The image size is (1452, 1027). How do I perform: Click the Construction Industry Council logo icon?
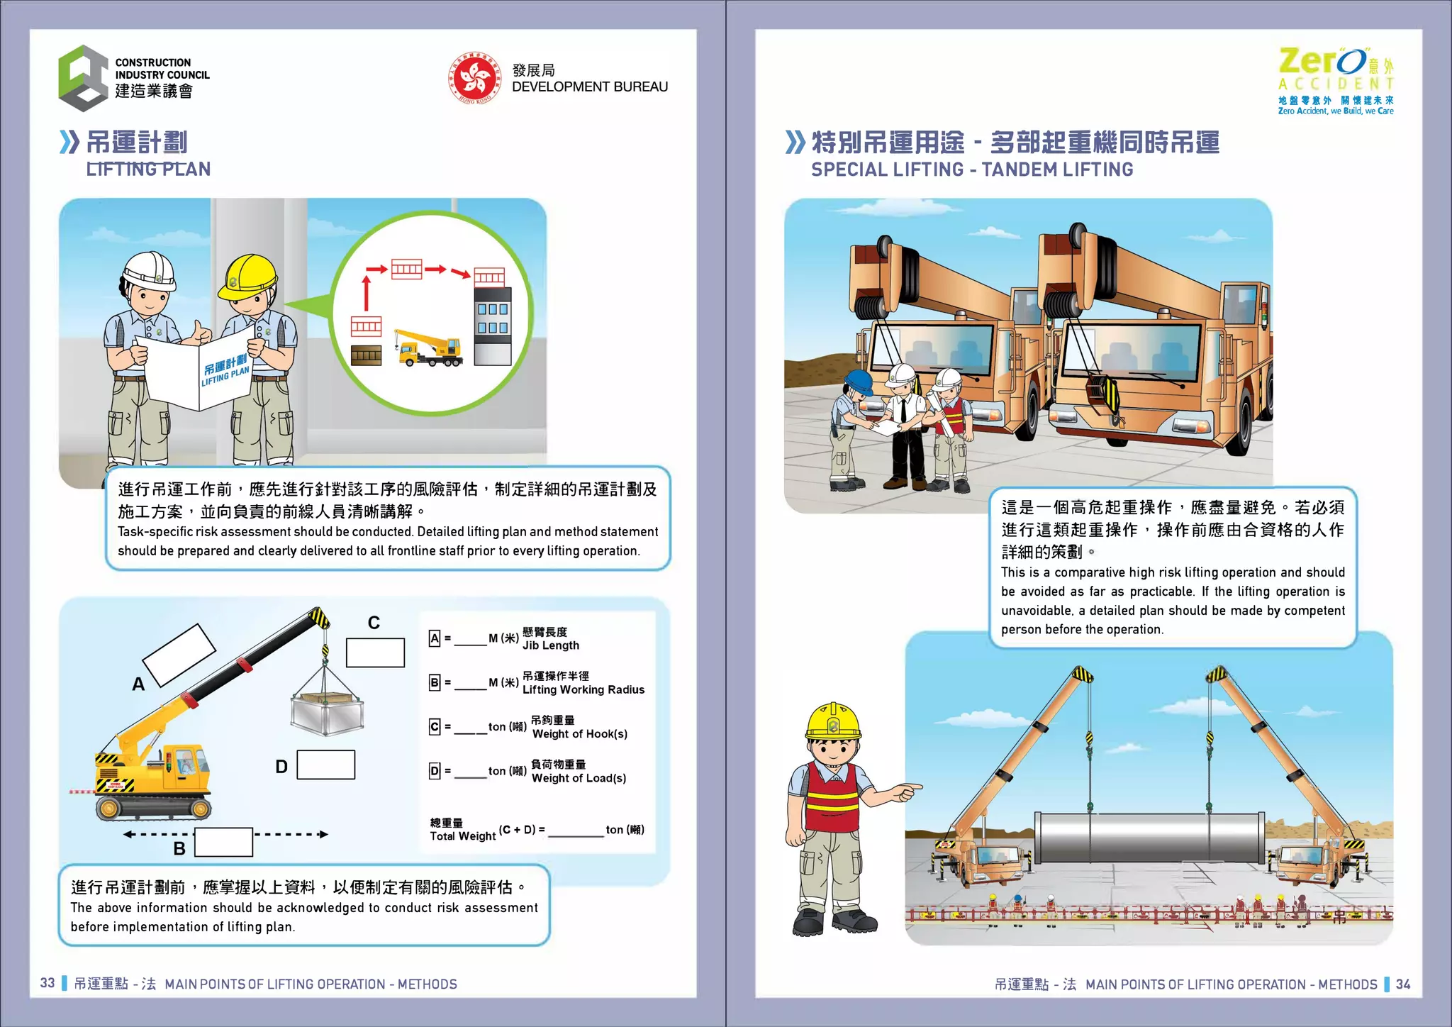point(84,78)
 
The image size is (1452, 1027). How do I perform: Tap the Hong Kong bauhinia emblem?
point(474,78)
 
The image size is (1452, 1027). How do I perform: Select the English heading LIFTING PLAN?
point(148,170)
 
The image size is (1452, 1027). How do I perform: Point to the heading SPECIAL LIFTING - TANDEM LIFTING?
point(972,170)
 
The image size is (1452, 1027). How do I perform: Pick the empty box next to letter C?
point(375,653)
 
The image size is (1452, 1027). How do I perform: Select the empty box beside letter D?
point(325,765)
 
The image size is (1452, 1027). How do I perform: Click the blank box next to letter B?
point(223,842)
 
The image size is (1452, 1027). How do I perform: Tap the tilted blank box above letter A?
point(179,655)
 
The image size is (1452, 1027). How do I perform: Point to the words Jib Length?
point(551,645)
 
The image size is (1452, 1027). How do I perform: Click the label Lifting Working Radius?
point(583,689)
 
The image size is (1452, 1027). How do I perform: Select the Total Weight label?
point(462,836)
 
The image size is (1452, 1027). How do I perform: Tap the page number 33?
point(48,983)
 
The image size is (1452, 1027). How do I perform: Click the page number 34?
point(1403,984)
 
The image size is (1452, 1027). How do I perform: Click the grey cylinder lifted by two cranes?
point(1149,837)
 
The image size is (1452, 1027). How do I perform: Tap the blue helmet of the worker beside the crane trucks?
point(859,381)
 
